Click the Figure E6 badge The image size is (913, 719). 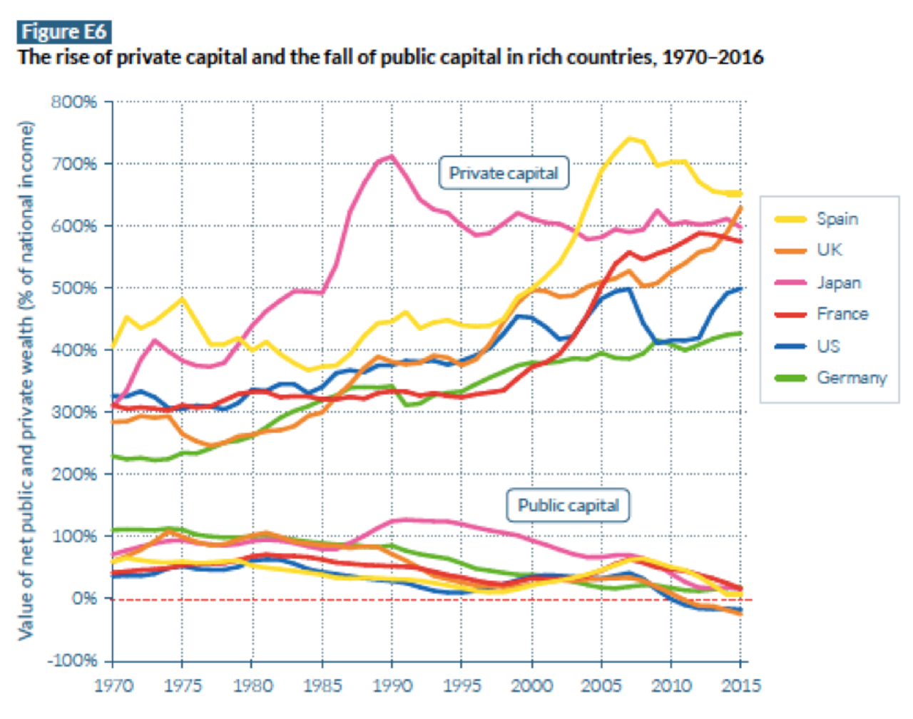63,31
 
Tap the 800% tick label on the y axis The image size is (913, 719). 74,102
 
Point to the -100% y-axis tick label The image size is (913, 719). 72,661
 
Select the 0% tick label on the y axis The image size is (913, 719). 84,598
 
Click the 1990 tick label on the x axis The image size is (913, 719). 393,686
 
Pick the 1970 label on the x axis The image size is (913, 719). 113,686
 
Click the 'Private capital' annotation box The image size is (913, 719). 504,173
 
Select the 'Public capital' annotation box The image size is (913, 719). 568,506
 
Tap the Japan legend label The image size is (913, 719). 839,282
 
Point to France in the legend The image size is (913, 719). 842,314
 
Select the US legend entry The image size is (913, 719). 828,346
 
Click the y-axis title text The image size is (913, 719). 26,381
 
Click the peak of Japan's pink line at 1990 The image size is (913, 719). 392,156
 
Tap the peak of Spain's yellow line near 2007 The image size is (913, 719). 629,138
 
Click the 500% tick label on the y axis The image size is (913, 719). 74,288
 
